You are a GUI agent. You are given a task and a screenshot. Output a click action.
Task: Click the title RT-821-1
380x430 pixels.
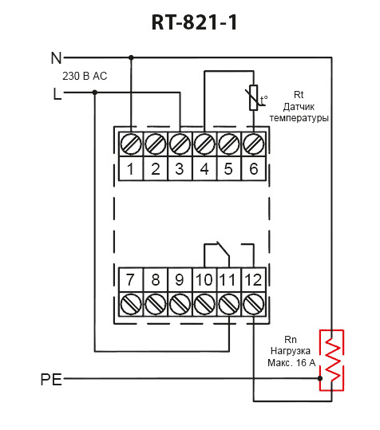[x=194, y=22]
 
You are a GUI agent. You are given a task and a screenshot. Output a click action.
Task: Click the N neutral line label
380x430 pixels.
[x=56, y=58]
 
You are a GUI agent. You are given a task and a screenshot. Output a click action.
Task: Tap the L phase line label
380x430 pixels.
[x=57, y=94]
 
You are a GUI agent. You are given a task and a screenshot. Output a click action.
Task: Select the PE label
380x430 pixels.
[x=51, y=380]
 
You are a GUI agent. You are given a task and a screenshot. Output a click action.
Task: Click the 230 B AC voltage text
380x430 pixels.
[x=85, y=76]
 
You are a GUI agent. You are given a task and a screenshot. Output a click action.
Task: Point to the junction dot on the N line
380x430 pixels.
[x=131, y=57]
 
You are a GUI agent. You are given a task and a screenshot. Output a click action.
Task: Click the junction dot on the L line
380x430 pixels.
[x=95, y=93]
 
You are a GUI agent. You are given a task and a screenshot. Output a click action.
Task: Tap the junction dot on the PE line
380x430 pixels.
[x=320, y=378]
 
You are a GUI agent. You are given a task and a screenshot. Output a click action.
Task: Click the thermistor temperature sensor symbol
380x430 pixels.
[x=254, y=97]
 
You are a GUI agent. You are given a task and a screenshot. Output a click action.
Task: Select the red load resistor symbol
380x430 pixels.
[x=331, y=360]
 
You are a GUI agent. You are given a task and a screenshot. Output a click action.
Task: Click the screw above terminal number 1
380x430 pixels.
[x=131, y=144]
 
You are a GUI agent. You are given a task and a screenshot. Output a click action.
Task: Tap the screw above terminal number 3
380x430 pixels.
[x=180, y=144]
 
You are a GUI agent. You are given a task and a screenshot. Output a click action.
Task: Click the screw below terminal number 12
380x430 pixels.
[x=254, y=304]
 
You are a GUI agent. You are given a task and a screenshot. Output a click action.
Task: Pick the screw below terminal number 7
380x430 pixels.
[x=131, y=304]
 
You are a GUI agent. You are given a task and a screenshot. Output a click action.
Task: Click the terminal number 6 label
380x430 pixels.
[x=254, y=168]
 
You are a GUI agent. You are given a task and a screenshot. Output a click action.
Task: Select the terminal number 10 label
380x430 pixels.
[x=204, y=280]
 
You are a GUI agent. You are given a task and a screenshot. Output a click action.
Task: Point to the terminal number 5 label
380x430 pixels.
[x=228, y=168]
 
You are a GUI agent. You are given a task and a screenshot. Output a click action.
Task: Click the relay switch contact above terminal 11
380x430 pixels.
[x=217, y=254]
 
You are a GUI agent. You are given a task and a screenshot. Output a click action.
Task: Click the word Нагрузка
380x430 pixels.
[x=291, y=351]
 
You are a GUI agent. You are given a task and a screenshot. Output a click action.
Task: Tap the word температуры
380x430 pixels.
[x=299, y=118]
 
